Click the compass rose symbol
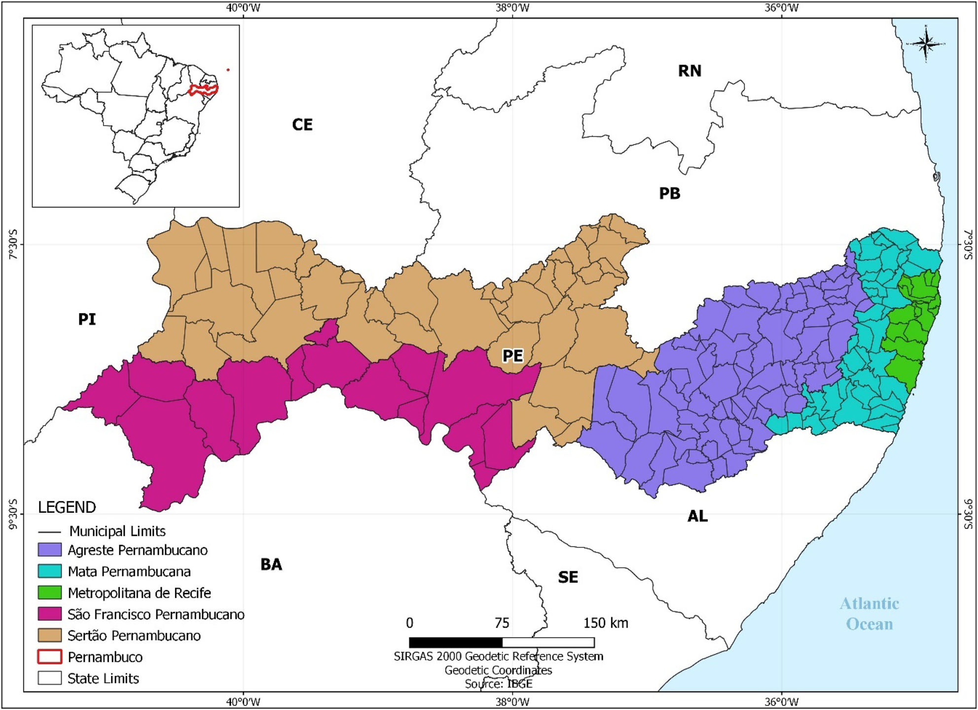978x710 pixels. [925, 44]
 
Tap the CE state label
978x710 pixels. [302, 125]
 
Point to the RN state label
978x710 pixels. [689, 71]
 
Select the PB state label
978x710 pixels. [669, 194]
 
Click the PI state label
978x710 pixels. [87, 319]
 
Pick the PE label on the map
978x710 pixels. [512, 355]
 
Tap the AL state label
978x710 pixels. [697, 516]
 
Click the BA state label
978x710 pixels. [271, 564]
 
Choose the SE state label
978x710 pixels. [568, 577]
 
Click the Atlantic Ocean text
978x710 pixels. [869, 614]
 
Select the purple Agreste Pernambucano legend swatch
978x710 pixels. [50, 550]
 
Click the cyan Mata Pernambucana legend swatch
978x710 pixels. [50, 571]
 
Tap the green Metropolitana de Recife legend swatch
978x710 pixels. [50, 592]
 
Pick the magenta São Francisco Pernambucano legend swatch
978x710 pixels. [50, 614]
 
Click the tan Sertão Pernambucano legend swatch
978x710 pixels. [50, 635]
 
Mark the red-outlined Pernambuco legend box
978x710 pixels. [50, 657]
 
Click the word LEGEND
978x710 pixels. [67, 507]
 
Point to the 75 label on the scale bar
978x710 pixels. [502, 623]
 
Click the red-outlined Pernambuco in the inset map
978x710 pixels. [203, 90]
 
